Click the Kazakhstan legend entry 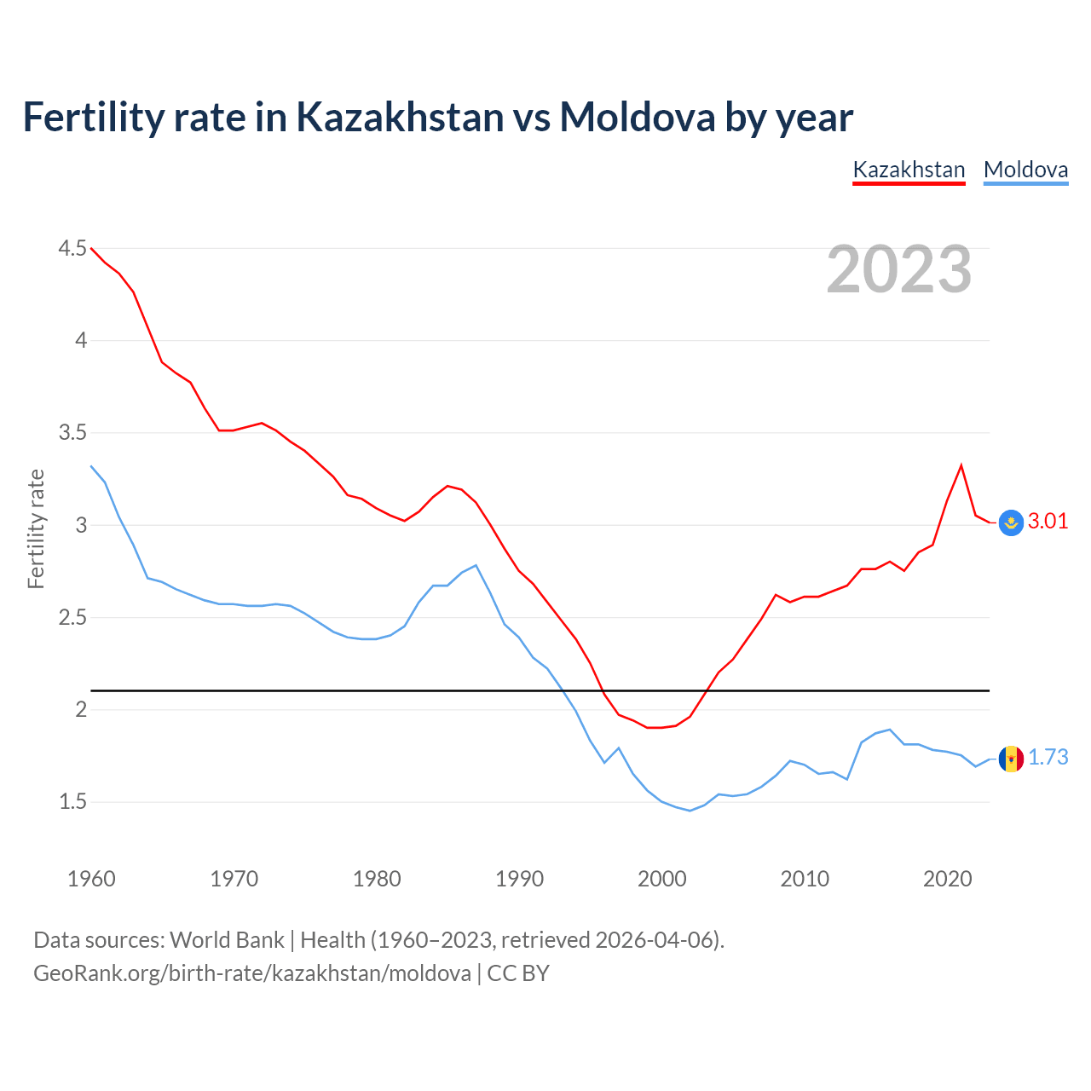click(x=909, y=170)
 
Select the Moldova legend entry click(x=1025, y=170)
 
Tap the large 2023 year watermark click(x=899, y=269)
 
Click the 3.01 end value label click(x=1048, y=521)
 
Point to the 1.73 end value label click(x=1048, y=757)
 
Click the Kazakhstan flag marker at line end click(x=1011, y=522)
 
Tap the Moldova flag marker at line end click(x=1011, y=759)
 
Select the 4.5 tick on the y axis click(x=72, y=248)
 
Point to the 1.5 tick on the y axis click(x=72, y=801)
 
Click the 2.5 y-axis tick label click(x=72, y=617)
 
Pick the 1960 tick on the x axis click(x=91, y=879)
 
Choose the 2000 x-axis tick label click(x=661, y=879)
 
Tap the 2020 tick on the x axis click(x=947, y=879)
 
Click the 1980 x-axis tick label click(x=377, y=879)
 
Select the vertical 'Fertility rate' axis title click(x=36, y=528)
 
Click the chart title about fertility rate click(x=437, y=117)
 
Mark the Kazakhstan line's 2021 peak click(x=961, y=465)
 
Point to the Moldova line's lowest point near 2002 click(x=690, y=811)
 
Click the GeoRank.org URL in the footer click(x=252, y=973)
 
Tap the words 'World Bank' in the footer click(x=227, y=939)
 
